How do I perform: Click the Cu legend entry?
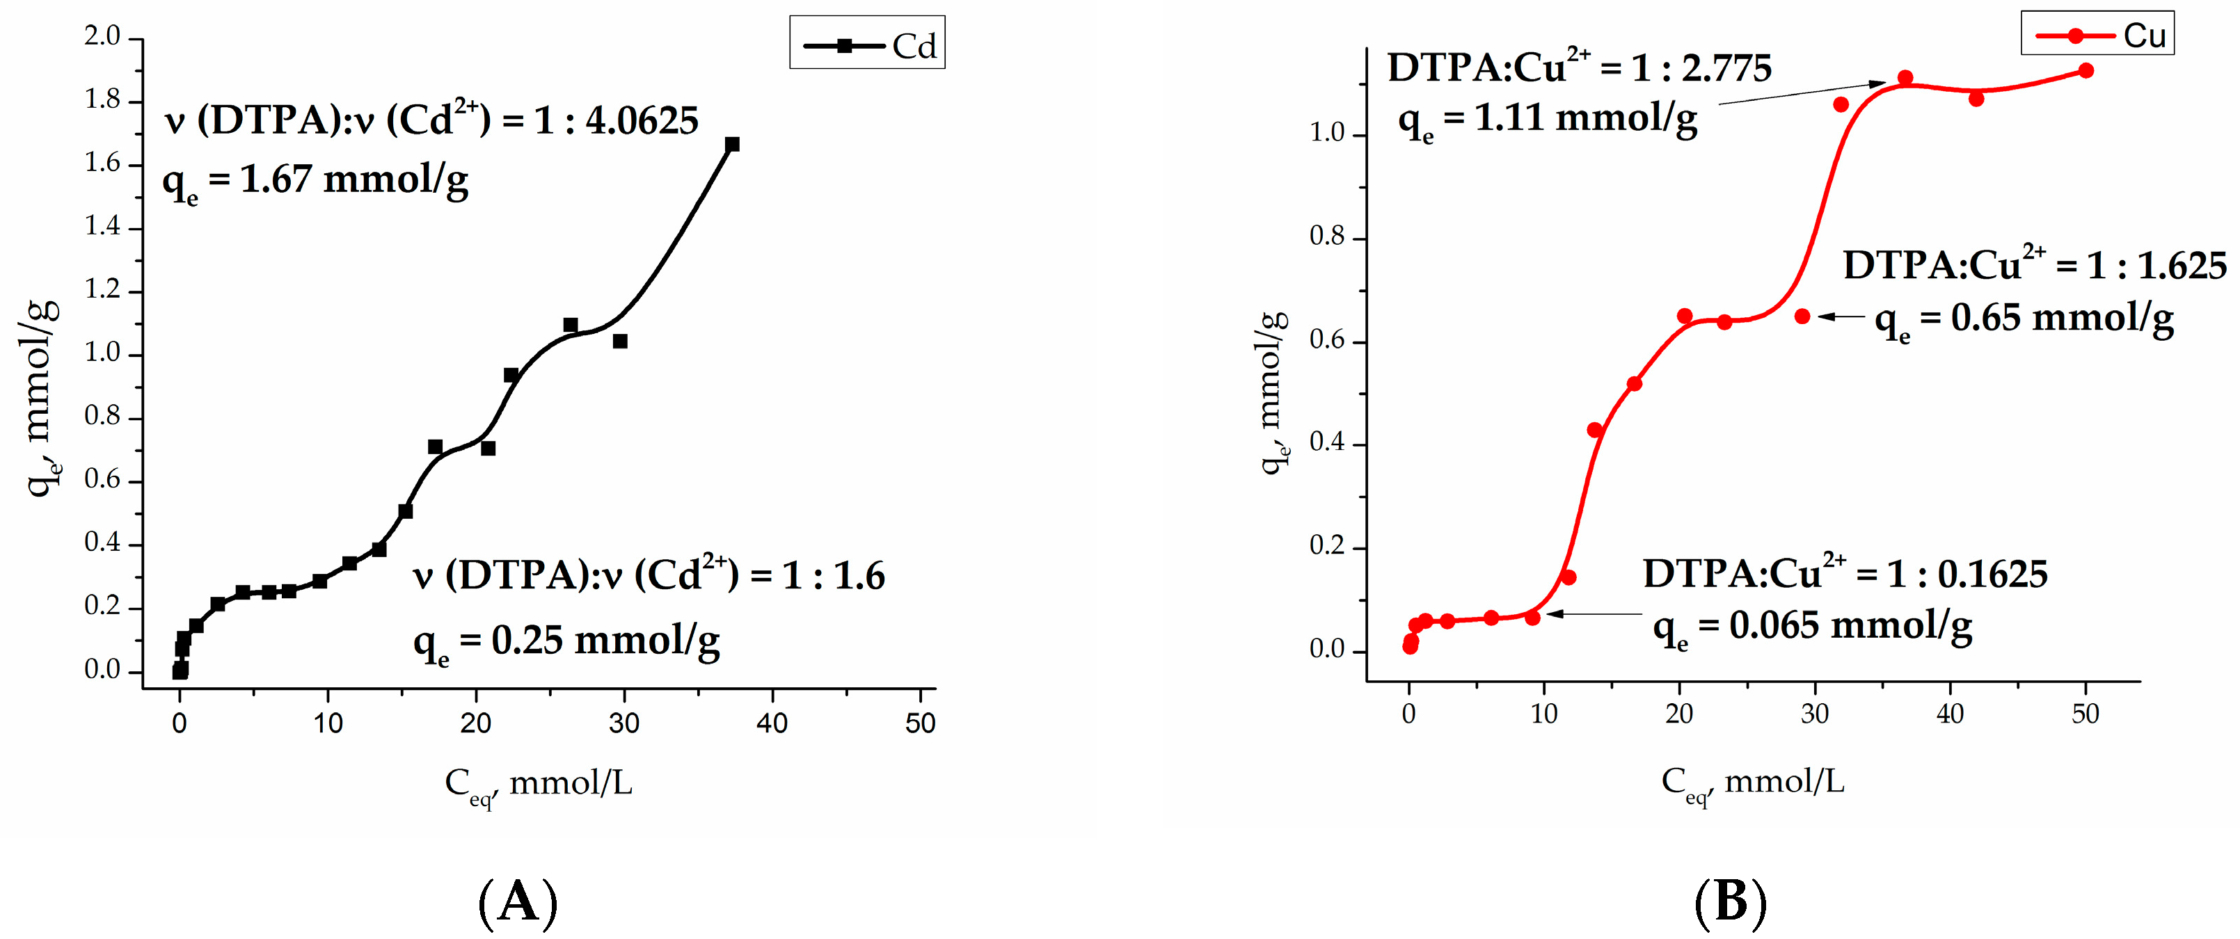click(x=2097, y=35)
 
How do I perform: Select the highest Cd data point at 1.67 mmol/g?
click(x=732, y=145)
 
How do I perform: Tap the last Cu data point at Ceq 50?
click(x=2086, y=70)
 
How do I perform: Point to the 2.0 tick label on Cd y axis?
click(x=102, y=36)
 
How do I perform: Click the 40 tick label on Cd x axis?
click(x=771, y=723)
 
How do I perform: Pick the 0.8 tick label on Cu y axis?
click(x=1327, y=236)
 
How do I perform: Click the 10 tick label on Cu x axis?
click(x=1543, y=715)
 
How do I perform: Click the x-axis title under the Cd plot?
click(x=539, y=785)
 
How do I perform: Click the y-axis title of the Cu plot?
click(x=1272, y=391)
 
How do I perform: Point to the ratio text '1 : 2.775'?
click(x=1701, y=69)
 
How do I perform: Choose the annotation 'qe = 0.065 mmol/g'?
click(x=1812, y=627)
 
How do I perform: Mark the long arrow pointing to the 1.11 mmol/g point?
click(x=1800, y=94)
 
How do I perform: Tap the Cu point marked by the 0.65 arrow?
click(x=1802, y=316)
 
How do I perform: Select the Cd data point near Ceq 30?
click(x=620, y=342)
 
